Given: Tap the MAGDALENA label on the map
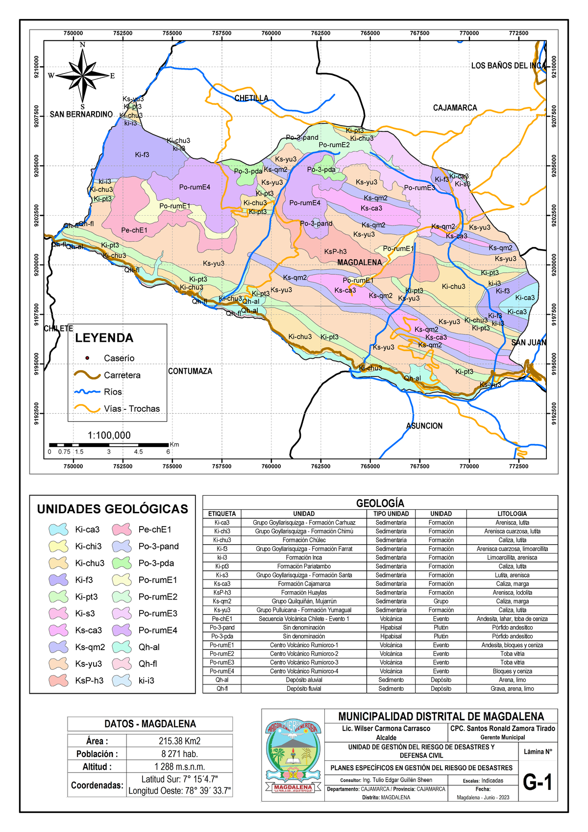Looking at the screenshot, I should pyautogui.click(x=359, y=263).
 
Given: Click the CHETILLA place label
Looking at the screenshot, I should pyautogui.click(x=251, y=98).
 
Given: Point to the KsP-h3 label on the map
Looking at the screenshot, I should pyautogui.click(x=335, y=252).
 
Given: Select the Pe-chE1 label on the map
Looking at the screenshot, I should pyautogui.click(x=134, y=230).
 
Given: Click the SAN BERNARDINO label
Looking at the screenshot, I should pyautogui.click(x=81, y=114).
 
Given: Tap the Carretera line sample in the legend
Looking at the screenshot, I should pyautogui.click(x=87, y=375).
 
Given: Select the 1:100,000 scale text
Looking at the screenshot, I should pyautogui.click(x=109, y=435).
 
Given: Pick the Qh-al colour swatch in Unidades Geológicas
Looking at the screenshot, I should pyautogui.click(x=122, y=647).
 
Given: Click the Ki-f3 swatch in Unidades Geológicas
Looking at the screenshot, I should pyautogui.click(x=58, y=580).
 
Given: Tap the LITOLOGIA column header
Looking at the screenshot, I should pyautogui.click(x=512, y=514).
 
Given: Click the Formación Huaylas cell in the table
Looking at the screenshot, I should pyautogui.click(x=304, y=593).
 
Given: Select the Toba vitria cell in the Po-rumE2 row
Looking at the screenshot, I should pyautogui.click(x=512, y=654).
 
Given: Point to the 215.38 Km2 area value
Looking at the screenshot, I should pyautogui.click(x=179, y=741).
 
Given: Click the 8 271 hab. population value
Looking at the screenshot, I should pyautogui.click(x=179, y=754).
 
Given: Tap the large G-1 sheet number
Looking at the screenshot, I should pyautogui.click(x=538, y=782).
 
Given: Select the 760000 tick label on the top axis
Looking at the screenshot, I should pyautogui.click(x=271, y=33).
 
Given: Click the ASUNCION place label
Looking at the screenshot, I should pyautogui.click(x=424, y=426).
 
